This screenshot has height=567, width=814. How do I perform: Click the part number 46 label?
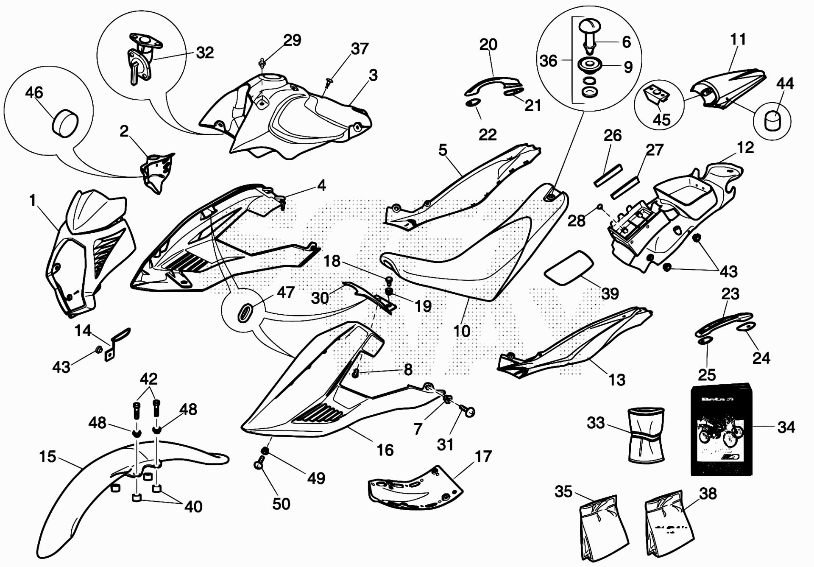[x=34, y=92]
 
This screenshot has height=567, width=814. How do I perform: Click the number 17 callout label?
[x=483, y=457]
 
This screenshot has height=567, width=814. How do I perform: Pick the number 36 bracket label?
[x=549, y=61]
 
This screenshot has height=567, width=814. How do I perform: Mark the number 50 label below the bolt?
[x=281, y=504]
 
